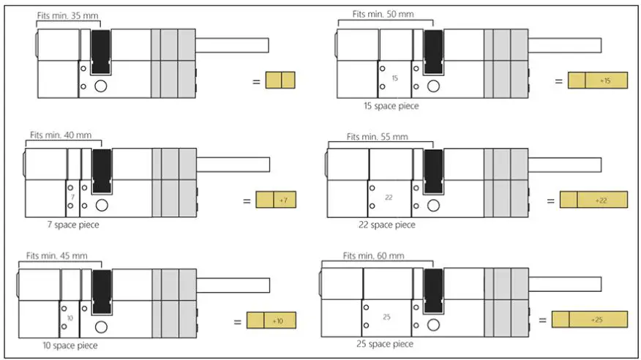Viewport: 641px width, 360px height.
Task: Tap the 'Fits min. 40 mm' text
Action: click(x=56, y=135)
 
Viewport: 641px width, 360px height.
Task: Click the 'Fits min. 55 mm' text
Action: click(x=377, y=136)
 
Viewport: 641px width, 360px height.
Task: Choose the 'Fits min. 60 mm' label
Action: click(x=372, y=255)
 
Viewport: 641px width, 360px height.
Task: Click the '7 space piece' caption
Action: click(x=71, y=225)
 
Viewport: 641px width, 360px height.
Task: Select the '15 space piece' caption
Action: click(x=391, y=105)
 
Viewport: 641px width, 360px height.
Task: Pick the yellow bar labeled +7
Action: click(x=276, y=200)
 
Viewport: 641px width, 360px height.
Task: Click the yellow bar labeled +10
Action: click(x=271, y=320)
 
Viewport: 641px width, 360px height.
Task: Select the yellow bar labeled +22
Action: click(x=593, y=200)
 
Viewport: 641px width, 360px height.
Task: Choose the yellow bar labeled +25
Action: click(x=589, y=320)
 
